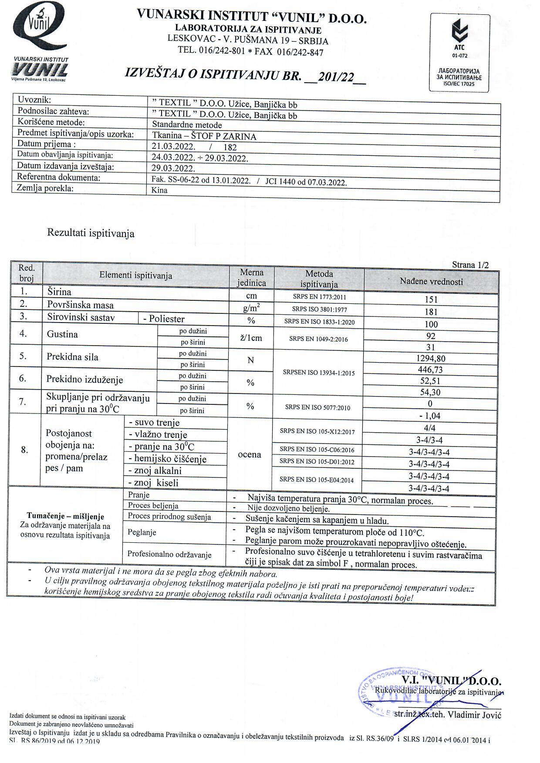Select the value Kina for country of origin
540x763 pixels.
tap(159, 190)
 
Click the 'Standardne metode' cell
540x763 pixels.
tap(187, 125)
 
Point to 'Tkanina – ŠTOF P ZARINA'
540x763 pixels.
tap(204, 136)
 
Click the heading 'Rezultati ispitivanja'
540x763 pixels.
tap(91, 233)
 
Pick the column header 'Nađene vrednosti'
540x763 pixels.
tap(431, 282)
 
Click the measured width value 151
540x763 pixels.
tap(431, 299)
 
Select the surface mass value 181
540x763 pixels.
tap(431, 312)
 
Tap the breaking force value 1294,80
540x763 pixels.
tap(431, 359)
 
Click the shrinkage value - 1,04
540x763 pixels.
tap(429, 416)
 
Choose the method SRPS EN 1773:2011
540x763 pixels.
tap(318, 297)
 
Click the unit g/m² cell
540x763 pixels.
tap(251, 309)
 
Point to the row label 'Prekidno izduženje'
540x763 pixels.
tap(84, 379)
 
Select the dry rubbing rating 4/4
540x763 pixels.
tap(429, 428)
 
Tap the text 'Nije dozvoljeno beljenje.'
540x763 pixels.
tap(288, 508)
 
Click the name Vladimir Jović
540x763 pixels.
tap(475, 715)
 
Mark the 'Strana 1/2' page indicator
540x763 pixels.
tap(470, 265)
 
